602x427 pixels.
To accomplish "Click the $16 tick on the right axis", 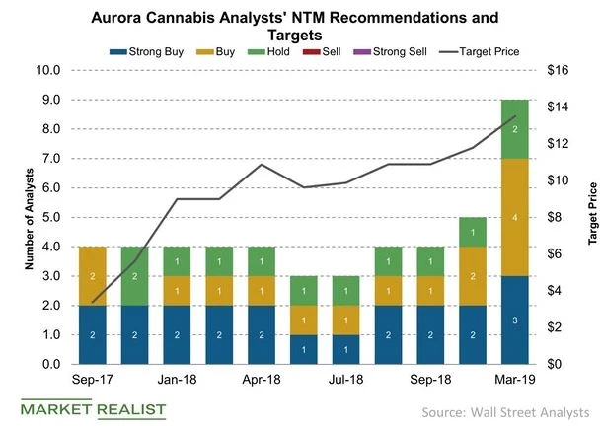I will tap(560, 70).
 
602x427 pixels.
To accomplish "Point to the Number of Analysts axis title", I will tap(14, 217).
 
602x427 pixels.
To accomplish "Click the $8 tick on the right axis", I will tap(557, 217).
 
